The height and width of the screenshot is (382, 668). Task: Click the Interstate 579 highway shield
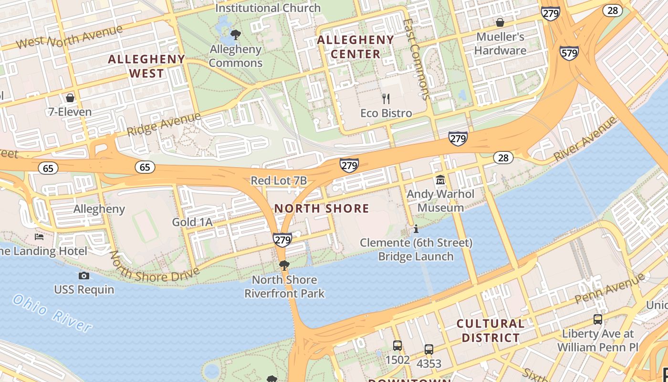tap(570, 53)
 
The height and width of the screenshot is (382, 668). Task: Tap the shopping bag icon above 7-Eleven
tap(70, 98)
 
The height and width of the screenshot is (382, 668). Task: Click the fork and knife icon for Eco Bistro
tap(386, 99)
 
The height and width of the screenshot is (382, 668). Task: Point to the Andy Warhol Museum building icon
tap(440, 180)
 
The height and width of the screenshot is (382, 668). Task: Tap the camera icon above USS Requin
tap(83, 276)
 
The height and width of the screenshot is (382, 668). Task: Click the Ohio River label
tap(52, 313)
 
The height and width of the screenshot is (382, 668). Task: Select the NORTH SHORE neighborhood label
tap(322, 208)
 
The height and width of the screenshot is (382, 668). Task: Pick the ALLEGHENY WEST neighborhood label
tap(146, 66)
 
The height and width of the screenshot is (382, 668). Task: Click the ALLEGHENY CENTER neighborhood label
tap(355, 47)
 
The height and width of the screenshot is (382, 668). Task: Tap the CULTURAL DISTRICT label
tap(491, 330)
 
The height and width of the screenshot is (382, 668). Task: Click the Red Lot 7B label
tap(279, 180)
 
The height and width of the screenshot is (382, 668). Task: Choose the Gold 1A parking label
tap(192, 222)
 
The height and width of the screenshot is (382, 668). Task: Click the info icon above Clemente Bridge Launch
tap(416, 229)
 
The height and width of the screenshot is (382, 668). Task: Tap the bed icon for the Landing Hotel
tap(39, 237)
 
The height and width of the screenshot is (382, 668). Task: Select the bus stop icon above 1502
tap(397, 345)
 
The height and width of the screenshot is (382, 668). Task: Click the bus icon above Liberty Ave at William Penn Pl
tap(597, 319)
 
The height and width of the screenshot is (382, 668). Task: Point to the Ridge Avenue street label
tap(164, 124)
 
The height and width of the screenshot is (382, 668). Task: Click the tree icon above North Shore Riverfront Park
tap(284, 265)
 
